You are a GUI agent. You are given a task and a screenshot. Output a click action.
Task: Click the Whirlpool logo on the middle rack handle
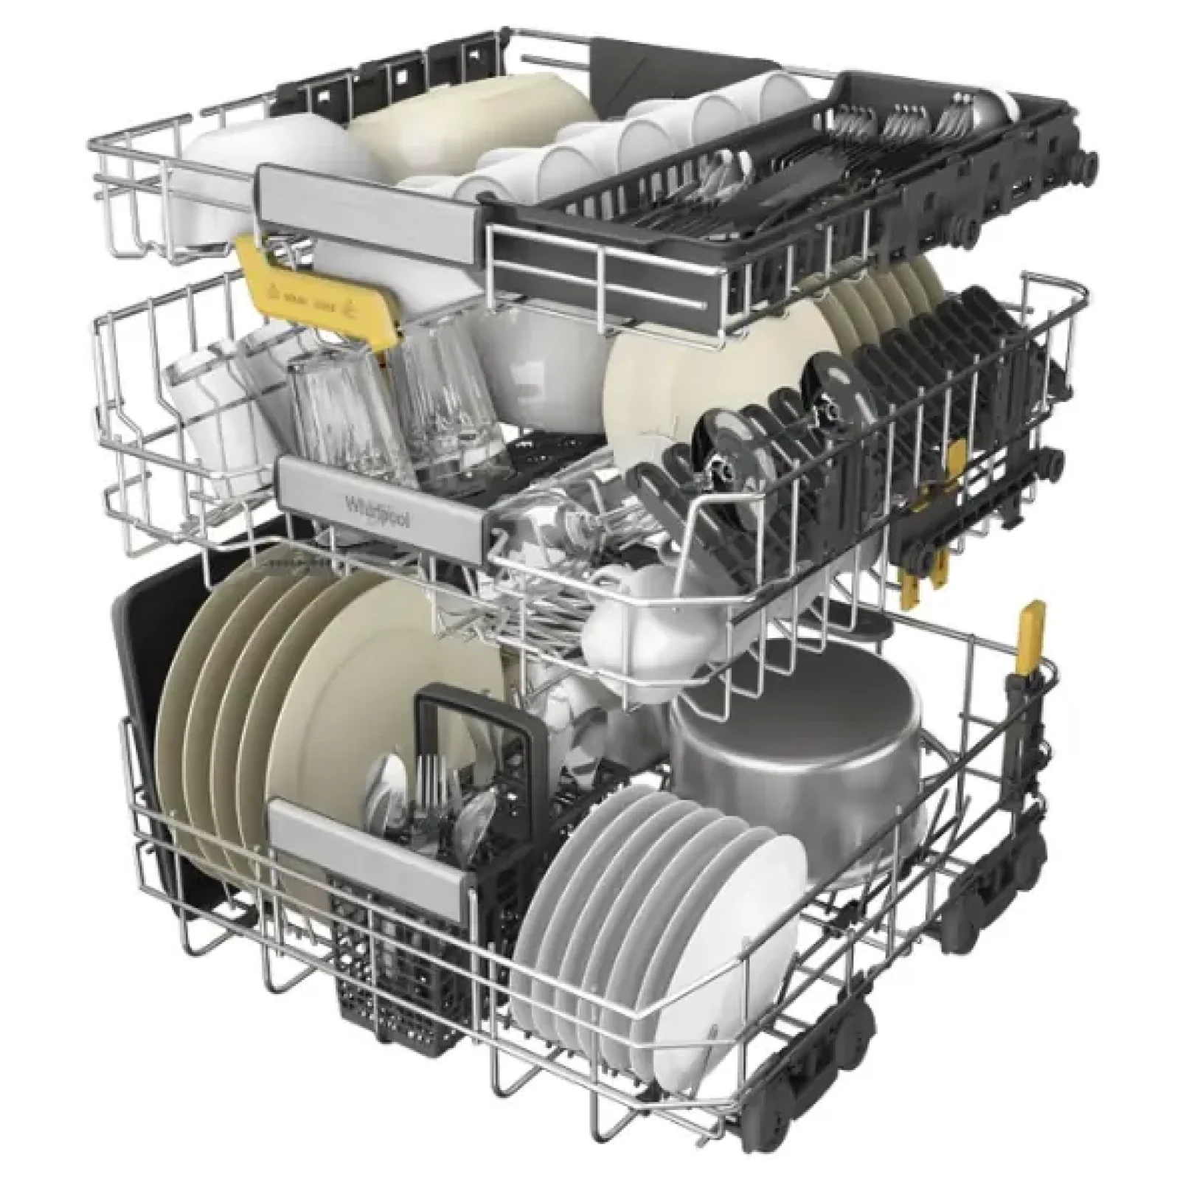point(378,511)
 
